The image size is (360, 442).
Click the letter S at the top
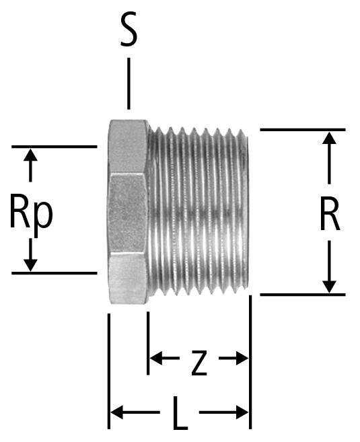[129, 30]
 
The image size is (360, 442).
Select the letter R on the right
[330, 213]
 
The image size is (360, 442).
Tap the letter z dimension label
[199, 363]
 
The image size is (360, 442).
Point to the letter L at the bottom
[180, 413]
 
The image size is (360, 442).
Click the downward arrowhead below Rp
[30, 266]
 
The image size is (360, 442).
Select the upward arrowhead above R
[329, 138]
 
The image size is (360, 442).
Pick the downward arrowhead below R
[329, 287]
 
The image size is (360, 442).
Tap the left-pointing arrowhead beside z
[155, 358]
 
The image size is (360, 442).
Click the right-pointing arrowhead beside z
[242, 358]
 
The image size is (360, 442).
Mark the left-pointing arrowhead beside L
[117, 412]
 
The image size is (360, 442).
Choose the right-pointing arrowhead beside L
[242, 412]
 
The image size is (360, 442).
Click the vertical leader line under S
[129, 83]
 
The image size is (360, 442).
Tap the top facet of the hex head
[129, 146]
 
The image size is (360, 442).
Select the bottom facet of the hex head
[129, 278]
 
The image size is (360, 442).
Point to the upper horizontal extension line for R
[303, 129]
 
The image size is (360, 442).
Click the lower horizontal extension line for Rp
[54, 273]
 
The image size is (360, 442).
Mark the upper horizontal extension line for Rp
[54, 147]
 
